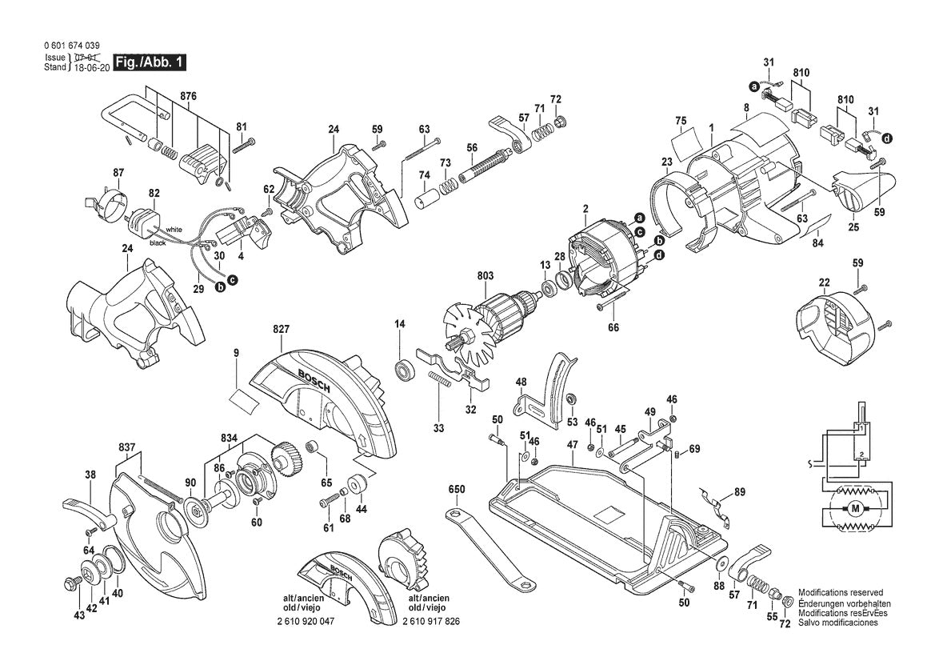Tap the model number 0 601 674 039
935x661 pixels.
[73, 46]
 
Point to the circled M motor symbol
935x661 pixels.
[855, 509]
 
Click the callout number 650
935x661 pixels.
[456, 488]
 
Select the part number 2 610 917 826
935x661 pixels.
[432, 622]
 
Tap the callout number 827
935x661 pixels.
[281, 329]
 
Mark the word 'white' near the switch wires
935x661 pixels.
[174, 230]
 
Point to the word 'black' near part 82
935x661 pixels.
[157, 242]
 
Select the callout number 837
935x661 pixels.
[126, 447]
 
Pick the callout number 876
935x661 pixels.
[188, 96]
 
